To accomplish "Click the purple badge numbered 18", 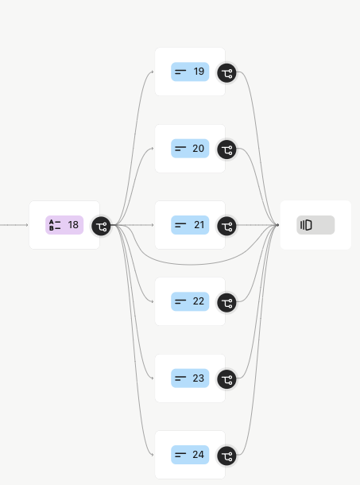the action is [x=64, y=225].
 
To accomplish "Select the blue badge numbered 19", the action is [x=190, y=72].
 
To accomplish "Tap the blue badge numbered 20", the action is [x=190, y=149].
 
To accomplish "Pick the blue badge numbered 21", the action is [x=190, y=225].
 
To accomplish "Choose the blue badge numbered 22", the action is [x=190, y=301].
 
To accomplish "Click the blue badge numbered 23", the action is [x=190, y=378].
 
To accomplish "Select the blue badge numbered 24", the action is [x=190, y=455].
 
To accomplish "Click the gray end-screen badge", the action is [x=315, y=225].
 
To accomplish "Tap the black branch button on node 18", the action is [x=101, y=226].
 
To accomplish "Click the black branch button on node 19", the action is [x=226, y=73].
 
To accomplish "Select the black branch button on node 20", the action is [x=226, y=149].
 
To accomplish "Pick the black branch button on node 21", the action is [x=226, y=226].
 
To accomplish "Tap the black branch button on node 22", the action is [x=226, y=302].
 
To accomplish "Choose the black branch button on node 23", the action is [x=226, y=379].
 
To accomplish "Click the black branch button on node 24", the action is [x=226, y=456].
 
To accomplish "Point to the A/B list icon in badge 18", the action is [x=55, y=225].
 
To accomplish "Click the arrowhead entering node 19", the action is [x=153, y=72].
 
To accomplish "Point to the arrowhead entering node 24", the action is [x=153, y=455].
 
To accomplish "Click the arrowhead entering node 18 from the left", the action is [x=27, y=225].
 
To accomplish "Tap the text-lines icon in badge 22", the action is [x=180, y=301].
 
